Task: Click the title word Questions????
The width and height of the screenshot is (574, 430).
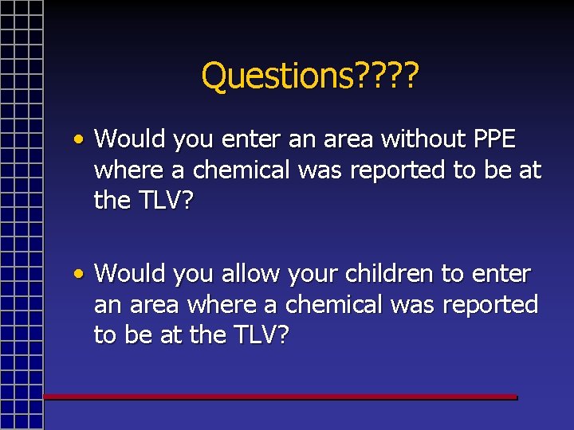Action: [310, 76]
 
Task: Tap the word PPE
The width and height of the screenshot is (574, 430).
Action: [495, 139]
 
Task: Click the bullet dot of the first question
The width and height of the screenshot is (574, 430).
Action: [79, 139]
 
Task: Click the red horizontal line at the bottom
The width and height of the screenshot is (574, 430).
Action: [279, 396]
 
